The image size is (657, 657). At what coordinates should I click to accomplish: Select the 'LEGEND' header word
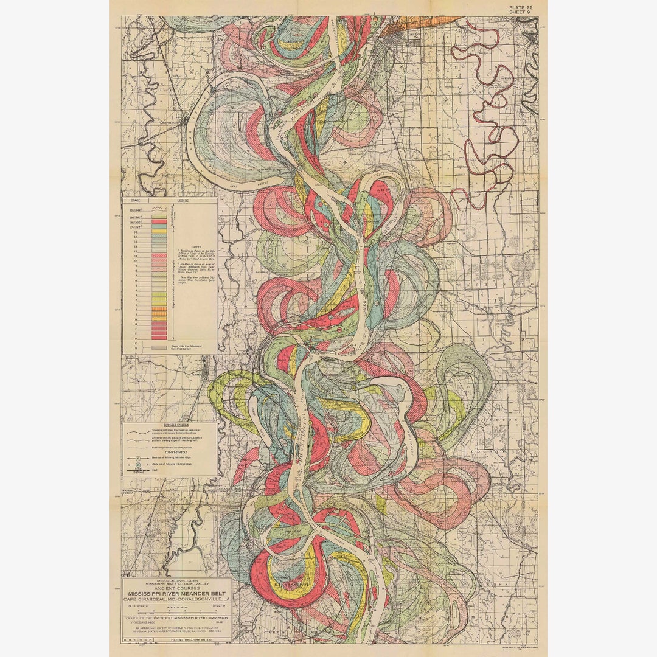point(183,200)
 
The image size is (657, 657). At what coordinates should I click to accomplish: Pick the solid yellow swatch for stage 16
point(159,231)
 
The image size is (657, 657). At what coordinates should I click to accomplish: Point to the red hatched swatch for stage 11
point(159,257)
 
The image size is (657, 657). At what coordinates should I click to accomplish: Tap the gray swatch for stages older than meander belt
point(159,347)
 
